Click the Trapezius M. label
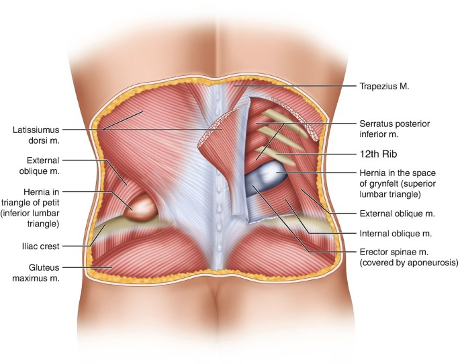(384, 86)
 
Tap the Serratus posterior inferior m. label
(395, 129)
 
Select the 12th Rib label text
(378, 154)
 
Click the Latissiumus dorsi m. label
(36, 135)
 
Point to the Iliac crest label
(40, 246)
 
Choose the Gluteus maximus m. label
(36, 273)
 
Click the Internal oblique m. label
(396, 234)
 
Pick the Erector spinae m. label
(409, 257)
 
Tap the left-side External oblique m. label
(40, 166)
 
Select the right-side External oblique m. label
(397, 214)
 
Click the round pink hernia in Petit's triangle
(140, 208)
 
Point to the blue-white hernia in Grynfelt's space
(265, 179)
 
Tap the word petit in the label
(51, 203)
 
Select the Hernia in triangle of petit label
(30, 208)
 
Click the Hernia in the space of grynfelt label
(398, 183)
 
